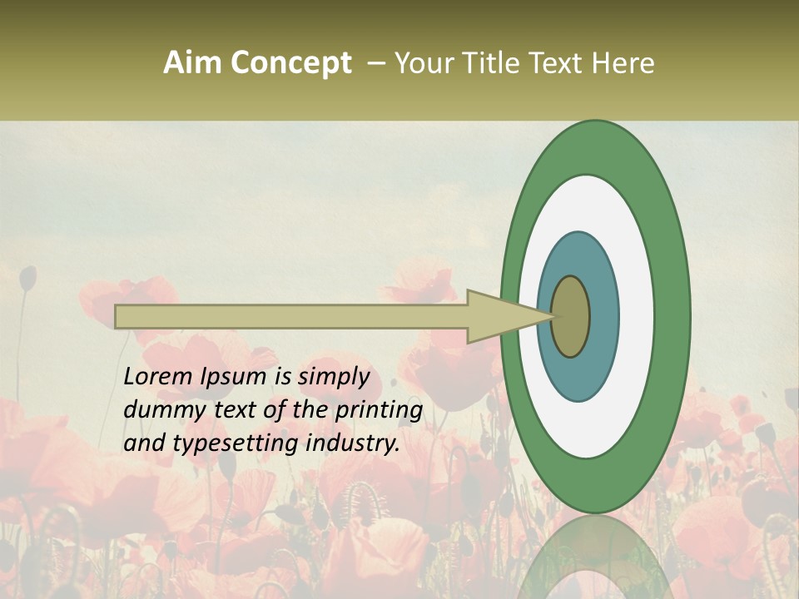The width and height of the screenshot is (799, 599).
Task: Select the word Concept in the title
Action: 290,62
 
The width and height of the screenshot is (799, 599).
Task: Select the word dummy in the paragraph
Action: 157,410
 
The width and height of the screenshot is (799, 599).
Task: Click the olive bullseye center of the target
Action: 571,316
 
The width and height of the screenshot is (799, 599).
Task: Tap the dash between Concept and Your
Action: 375,62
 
